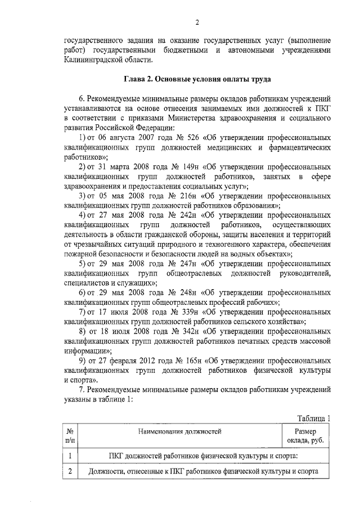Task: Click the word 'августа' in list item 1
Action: point(123,138)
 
